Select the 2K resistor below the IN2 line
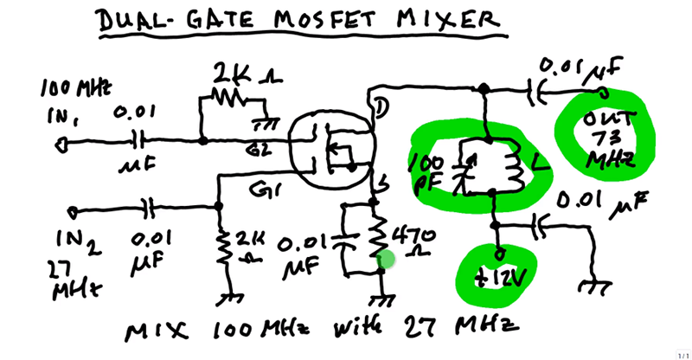(223, 247)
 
